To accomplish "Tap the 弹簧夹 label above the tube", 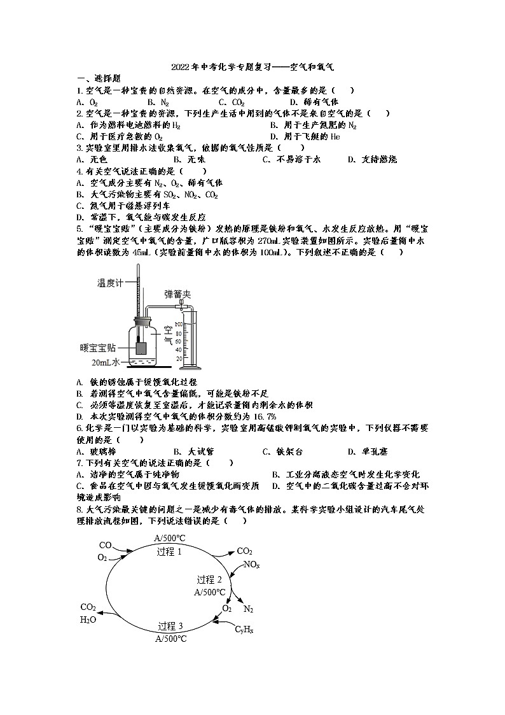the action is [x=177, y=294].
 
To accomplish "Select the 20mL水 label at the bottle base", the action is [x=106, y=362].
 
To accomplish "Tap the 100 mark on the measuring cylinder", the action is [x=179, y=325].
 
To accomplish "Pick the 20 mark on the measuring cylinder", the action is [x=180, y=359].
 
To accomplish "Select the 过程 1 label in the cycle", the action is [x=169, y=552].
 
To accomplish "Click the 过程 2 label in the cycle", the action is [x=209, y=579].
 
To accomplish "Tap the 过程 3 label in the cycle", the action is [x=170, y=625].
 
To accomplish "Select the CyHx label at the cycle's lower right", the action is [x=244, y=630].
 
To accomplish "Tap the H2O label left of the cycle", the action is [x=88, y=619].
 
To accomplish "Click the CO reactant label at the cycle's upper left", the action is [x=106, y=545].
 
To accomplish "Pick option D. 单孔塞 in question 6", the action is [x=368, y=451].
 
